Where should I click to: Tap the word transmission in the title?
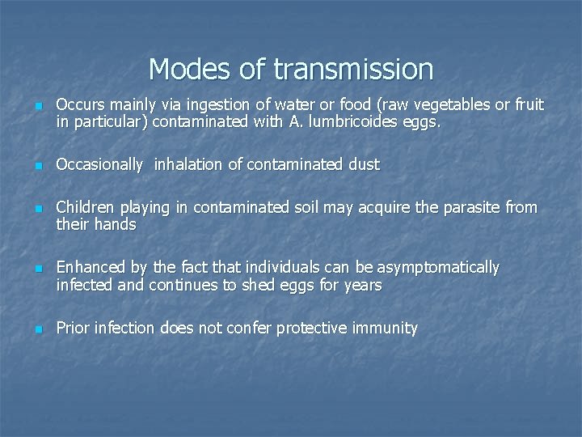pyautogui.click(x=353, y=69)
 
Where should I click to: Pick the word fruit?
pyautogui.click(x=529, y=105)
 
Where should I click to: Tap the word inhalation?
pyautogui.click(x=189, y=165)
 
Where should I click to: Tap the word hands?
pyautogui.click(x=117, y=225)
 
